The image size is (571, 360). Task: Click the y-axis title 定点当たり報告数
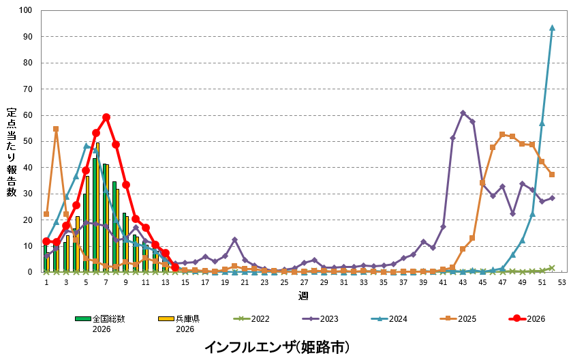coord(12,151)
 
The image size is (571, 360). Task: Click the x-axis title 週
coord(303,297)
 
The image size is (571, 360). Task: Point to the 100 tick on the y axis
coord(26,10)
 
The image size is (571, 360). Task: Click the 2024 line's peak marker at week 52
coord(552,28)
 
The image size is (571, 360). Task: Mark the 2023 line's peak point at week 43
coord(463,112)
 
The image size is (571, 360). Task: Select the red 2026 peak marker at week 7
coord(106,117)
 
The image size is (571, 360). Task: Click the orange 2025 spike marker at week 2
coord(56,129)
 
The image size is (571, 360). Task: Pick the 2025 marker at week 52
coord(552,175)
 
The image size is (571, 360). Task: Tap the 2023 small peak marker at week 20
coord(235,239)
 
